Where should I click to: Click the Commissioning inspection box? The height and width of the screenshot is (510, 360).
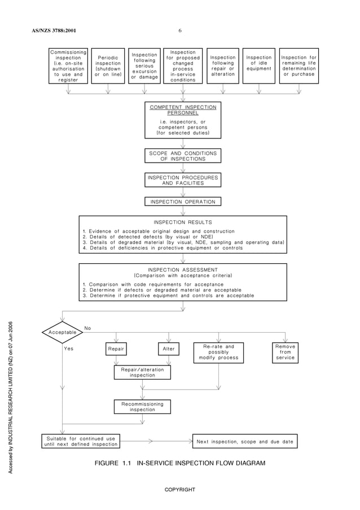[68, 66]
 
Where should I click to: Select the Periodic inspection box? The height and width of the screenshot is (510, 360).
[108, 66]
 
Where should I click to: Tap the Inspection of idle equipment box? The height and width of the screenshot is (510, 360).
[259, 66]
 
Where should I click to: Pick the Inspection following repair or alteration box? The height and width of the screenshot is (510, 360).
[223, 66]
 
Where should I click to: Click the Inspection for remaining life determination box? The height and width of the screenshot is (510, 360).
[298, 66]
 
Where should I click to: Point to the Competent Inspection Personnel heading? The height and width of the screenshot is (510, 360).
[182, 110]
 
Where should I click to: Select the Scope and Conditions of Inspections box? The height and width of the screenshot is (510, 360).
[182, 156]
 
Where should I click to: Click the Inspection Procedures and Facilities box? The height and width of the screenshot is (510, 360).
[182, 180]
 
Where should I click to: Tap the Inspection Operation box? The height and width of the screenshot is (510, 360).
[182, 202]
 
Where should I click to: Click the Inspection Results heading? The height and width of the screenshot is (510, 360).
[182, 223]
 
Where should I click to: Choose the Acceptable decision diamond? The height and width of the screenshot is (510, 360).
[63, 333]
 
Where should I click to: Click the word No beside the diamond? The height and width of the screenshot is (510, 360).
[87, 328]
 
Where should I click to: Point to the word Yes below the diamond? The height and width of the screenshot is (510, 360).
[69, 349]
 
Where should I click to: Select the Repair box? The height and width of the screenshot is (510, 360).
[116, 349]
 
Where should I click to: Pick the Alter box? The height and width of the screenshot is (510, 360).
[169, 349]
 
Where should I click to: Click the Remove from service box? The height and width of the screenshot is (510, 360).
[285, 352]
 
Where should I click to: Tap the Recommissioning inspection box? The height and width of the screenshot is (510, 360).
[142, 407]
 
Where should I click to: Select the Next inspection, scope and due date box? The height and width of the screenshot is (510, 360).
[244, 441]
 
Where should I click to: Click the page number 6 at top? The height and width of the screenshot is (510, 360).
[179, 30]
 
